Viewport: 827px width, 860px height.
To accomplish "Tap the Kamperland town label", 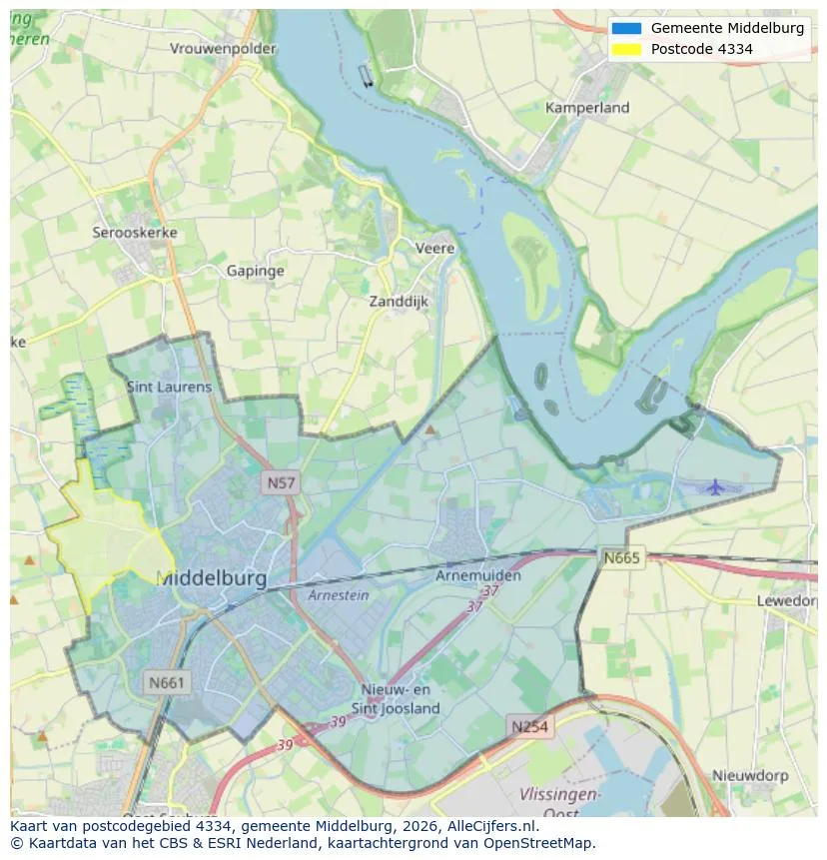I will (x=587, y=107).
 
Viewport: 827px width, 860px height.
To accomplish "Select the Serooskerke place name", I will (x=135, y=233).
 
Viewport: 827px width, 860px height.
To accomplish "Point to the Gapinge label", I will (x=255, y=271).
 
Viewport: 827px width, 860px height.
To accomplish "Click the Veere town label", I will (x=434, y=248).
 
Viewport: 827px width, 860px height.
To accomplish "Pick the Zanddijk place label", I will (x=399, y=301).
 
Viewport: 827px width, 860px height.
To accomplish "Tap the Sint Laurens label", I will (x=169, y=387).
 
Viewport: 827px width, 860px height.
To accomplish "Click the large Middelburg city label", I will (x=212, y=578).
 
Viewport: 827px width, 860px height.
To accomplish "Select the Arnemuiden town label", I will (x=478, y=575).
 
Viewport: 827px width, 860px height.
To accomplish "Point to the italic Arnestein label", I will (x=338, y=595).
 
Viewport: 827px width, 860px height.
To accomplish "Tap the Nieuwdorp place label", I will (x=750, y=775).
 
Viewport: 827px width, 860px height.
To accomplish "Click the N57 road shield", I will (x=281, y=483).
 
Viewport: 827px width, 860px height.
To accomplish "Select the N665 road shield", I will (x=622, y=557).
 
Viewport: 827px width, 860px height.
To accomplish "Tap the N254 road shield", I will (x=529, y=726).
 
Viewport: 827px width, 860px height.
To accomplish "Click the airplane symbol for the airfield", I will (x=715, y=486).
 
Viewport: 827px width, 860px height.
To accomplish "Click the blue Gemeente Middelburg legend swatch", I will (x=626, y=28).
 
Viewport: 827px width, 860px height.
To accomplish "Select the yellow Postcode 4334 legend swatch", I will (x=626, y=49).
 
